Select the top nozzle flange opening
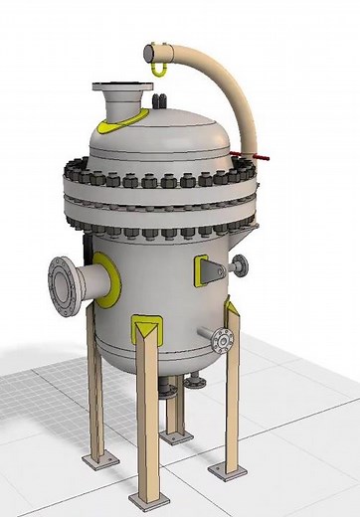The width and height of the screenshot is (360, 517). (121, 91)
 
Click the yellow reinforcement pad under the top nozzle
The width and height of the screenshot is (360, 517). (126, 120)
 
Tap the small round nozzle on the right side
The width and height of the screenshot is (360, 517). (240, 264)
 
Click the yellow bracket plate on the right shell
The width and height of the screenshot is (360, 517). (205, 269)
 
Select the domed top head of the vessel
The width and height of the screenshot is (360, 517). (164, 134)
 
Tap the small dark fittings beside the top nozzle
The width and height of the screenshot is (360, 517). (160, 100)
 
